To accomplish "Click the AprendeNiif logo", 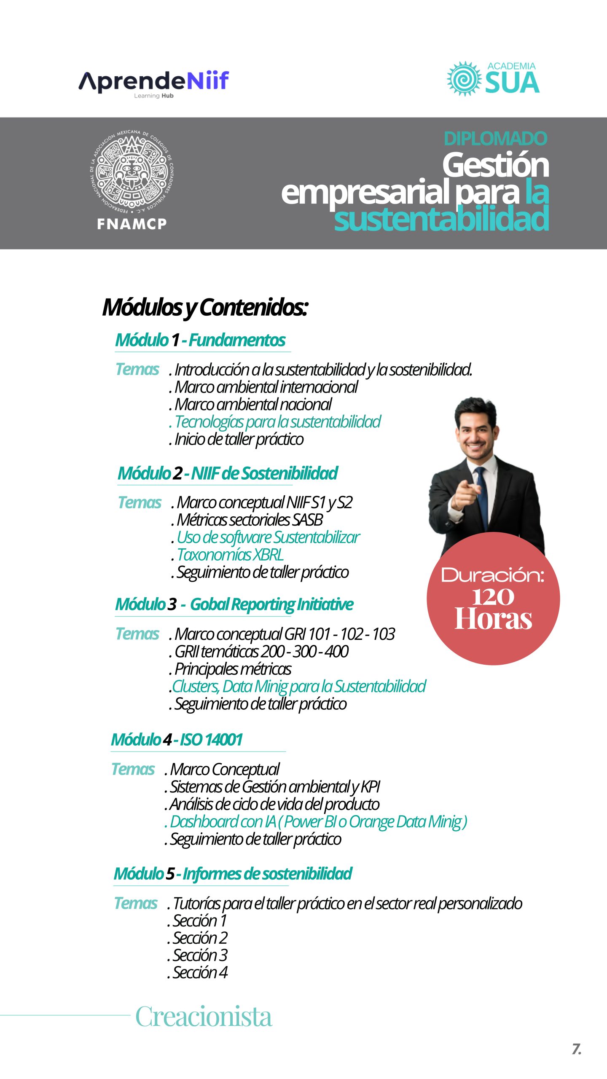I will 153,82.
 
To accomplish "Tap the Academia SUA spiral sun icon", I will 464,79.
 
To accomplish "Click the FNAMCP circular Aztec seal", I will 132,171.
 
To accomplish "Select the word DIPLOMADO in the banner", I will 495,139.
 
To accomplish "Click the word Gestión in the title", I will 496,165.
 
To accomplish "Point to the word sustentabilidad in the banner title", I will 441,219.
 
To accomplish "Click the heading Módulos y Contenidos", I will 205,307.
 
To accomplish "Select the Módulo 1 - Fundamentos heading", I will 201,340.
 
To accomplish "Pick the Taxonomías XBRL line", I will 230,555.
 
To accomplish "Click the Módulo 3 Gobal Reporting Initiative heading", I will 234,604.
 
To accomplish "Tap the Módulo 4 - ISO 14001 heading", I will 177,740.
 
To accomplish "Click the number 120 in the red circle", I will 493,597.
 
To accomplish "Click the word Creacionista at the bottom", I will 204,1017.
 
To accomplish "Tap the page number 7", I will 576,1049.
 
